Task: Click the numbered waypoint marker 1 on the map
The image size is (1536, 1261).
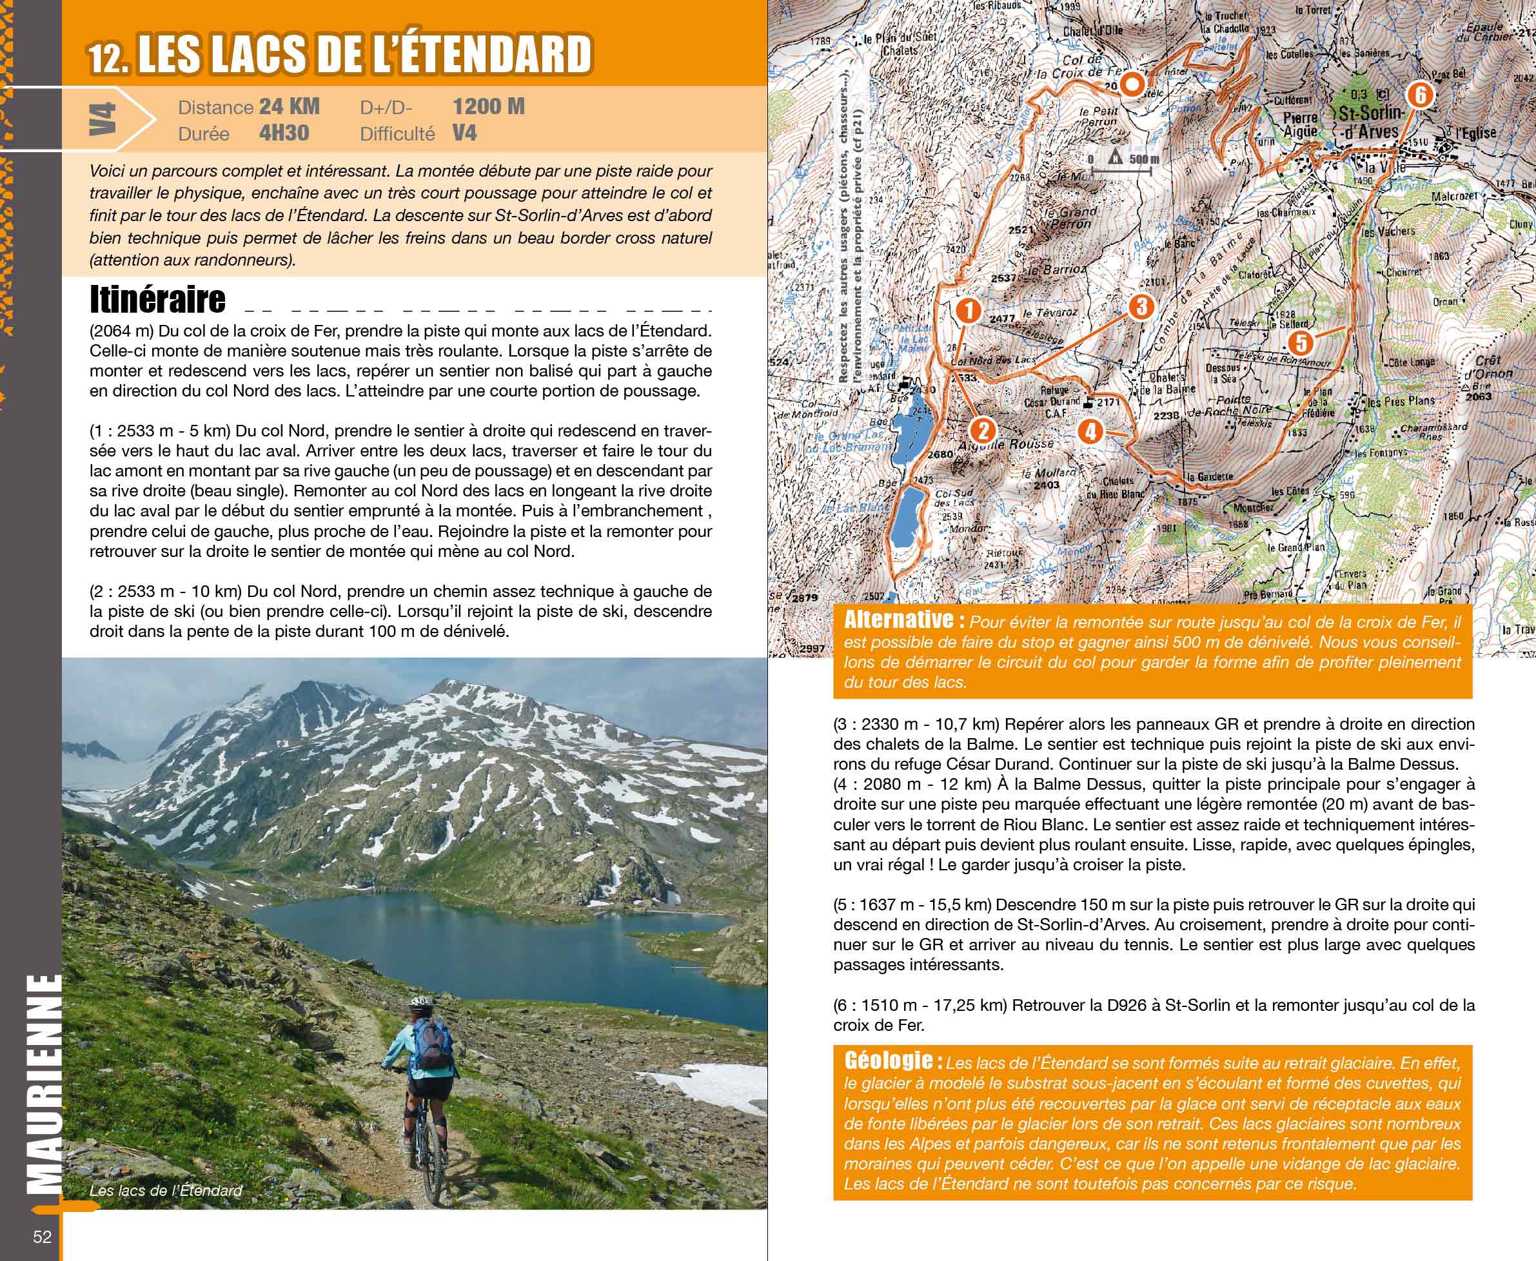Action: pyautogui.click(x=968, y=311)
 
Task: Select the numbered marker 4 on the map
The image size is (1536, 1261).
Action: pyautogui.click(x=1090, y=431)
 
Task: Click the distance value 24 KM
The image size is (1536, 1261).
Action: pyautogui.click(x=289, y=107)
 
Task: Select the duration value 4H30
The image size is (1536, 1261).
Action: pyautogui.click(x=284, y=133)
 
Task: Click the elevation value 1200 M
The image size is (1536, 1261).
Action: pyautogui.click(x=488, y=107)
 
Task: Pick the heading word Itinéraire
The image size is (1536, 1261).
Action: pyautogui.click(x=157, y=298)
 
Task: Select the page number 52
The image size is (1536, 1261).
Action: pyautogui.click(x=42, y=1237)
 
